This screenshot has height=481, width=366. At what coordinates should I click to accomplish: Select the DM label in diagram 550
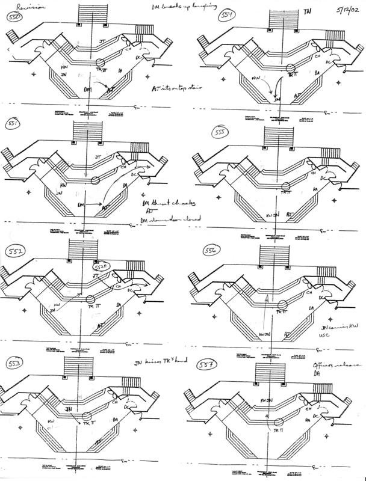point(88,89)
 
